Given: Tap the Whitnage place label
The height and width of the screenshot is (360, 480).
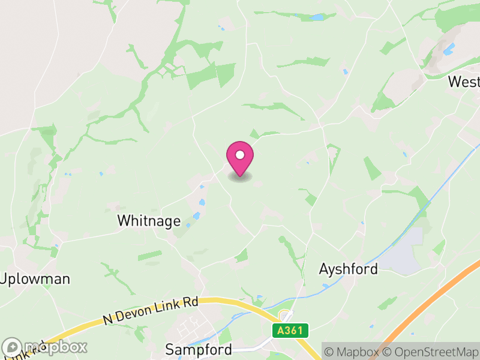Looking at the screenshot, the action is tap(149, 221).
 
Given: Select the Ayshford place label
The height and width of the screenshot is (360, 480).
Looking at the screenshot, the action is tap(349, 268).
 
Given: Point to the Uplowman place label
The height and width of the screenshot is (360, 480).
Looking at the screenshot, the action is tap(35, 279).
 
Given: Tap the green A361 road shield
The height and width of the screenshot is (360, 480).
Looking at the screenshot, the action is tap(290, 331).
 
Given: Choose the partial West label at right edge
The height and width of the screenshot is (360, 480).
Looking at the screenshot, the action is tap(464, 82).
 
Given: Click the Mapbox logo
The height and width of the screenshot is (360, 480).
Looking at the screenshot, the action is tap(46, 347).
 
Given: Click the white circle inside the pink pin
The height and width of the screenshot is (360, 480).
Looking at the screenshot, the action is tap(240, 155).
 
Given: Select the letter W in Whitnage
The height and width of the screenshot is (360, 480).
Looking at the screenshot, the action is tap(124, 221).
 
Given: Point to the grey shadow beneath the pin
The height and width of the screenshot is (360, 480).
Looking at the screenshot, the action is tap(240, 178).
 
